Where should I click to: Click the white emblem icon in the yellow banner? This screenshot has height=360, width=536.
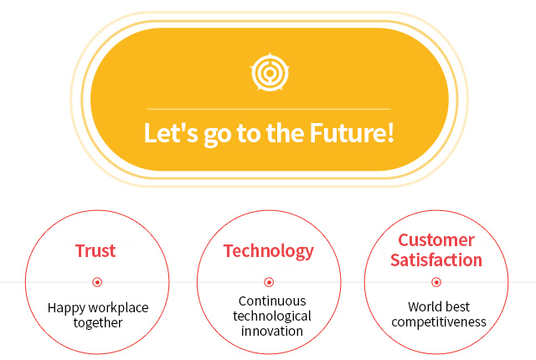click(x=270, y=72)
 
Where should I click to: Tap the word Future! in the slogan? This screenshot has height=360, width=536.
click(x=352, y=132)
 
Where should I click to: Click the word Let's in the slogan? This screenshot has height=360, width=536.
click(x=171, y=132)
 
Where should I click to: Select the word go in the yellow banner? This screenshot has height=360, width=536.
click(x=218, y=136)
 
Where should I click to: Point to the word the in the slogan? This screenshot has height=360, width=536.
click(x=285, y=132)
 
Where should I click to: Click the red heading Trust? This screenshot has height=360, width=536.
click(x=95, y=250)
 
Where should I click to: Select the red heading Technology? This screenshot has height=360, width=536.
click(x=268, y=252)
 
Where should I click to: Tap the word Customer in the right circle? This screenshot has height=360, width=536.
click(x=436, y=240)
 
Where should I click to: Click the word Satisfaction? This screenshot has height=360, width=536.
click(x=436, y=260)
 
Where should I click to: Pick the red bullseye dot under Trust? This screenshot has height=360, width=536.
click(x=97, y=282)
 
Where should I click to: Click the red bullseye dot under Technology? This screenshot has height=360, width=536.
click(x=269, y=282)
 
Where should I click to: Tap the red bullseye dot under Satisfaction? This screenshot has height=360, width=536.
click(x=436, y=282)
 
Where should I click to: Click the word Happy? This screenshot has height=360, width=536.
click(x=67, y=308)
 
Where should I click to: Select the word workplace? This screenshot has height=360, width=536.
click(x=118, y=308)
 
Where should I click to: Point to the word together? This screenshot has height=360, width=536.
click(x=98, y=323)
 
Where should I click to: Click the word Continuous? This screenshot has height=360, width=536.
click(x=272, y=301)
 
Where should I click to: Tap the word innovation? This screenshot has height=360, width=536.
click(x=272, y=331)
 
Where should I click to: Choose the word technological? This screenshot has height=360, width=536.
click(x=272, y=316)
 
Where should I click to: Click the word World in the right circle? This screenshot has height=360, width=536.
click(x=423, y=306)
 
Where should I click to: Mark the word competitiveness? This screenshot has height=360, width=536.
click(x=439, y=322)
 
